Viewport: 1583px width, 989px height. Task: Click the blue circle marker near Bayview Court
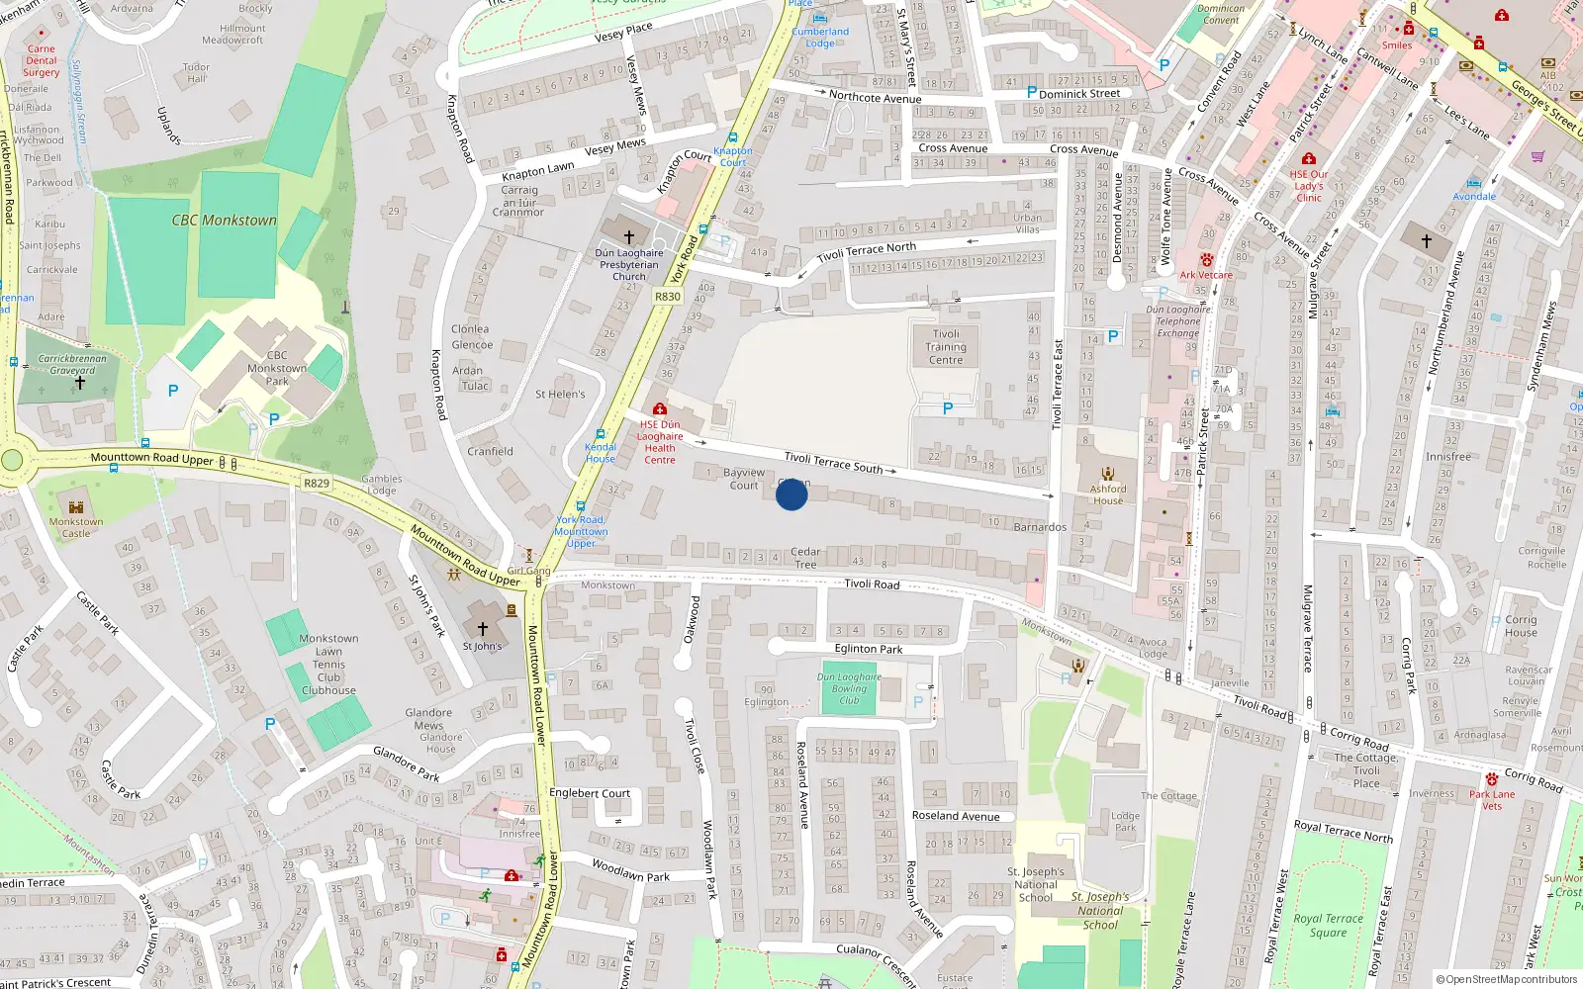tap(791, 494)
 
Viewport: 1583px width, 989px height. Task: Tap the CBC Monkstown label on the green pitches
tap(225, 221)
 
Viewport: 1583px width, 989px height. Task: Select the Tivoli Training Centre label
tap(946, 347)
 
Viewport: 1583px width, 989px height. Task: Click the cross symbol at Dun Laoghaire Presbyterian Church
tap(628, 237)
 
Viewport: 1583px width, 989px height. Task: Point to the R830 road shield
tap(668, 297)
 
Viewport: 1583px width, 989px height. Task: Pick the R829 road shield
tap(317, 484)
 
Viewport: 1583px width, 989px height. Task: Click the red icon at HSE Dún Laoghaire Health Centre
tap(660, 409)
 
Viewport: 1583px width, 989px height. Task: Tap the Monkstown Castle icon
tap(76, 507)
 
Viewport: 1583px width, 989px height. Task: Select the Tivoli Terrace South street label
tap(833, 462)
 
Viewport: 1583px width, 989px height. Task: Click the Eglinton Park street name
tap(869, 649)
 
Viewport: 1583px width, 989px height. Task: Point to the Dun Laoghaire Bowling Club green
tap(849, 689)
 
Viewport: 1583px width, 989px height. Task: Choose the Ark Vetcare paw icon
tap(1206, 260)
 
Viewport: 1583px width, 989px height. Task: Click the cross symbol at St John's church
tap(483, 628)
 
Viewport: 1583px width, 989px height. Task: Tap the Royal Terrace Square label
tap(1328, 925)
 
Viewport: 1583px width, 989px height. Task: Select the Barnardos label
tap(1040, 527)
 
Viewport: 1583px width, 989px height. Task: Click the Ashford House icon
tap(1108, 474)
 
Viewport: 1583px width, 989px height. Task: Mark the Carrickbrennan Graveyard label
tap(72, 365)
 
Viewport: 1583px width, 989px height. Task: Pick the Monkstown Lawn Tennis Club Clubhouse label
tap(328, 665)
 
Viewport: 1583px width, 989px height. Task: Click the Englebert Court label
tap(590, 793)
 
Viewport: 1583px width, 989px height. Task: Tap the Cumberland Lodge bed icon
tap(820, 18)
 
